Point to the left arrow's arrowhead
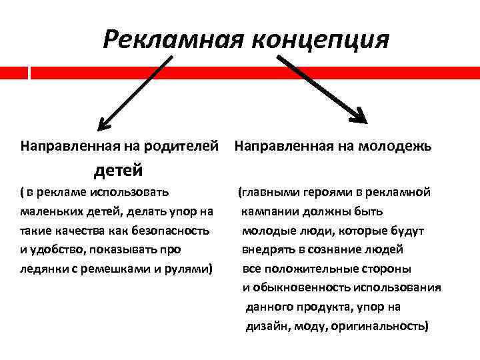click(103, 124)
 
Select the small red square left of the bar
click(13, 72)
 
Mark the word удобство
click(55, 250)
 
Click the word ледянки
click(41, 269)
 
